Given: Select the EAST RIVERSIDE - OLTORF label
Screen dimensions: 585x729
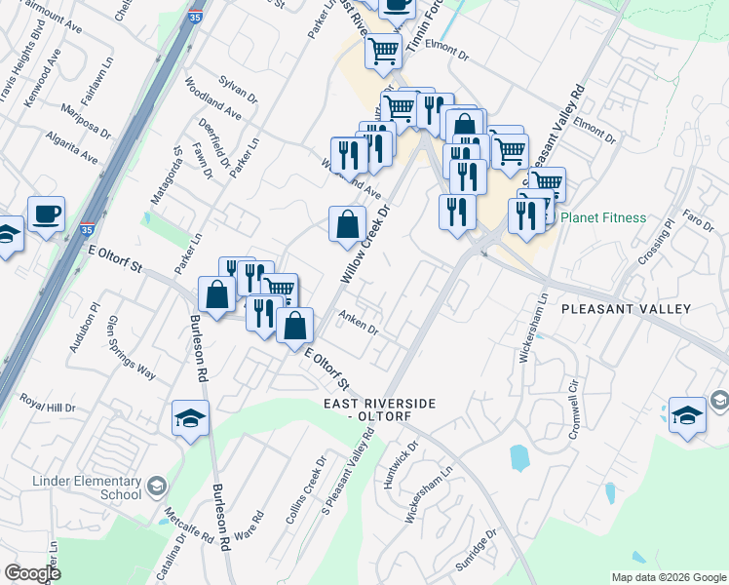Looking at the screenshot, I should click(380, 409).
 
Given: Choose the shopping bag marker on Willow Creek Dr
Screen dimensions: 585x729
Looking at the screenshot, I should click(347, 225).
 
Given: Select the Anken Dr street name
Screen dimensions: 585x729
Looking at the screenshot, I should click(358, 322).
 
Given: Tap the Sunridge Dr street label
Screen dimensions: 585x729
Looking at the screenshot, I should click(477, 551).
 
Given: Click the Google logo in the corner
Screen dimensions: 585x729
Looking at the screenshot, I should click(32, 572).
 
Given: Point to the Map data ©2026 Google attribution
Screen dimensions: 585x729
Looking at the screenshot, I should click(668, 577).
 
